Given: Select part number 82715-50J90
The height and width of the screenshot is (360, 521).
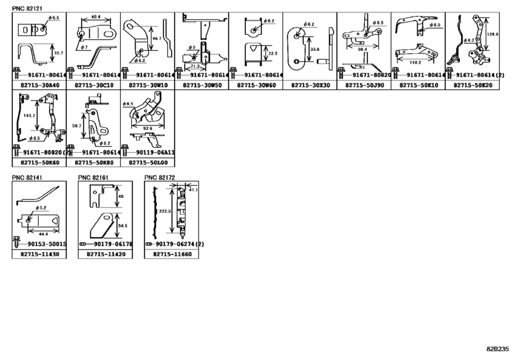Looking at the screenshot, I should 363,84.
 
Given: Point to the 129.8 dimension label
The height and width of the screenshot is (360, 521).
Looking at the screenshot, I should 492,35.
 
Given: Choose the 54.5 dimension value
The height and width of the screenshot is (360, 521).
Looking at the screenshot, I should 123,226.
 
